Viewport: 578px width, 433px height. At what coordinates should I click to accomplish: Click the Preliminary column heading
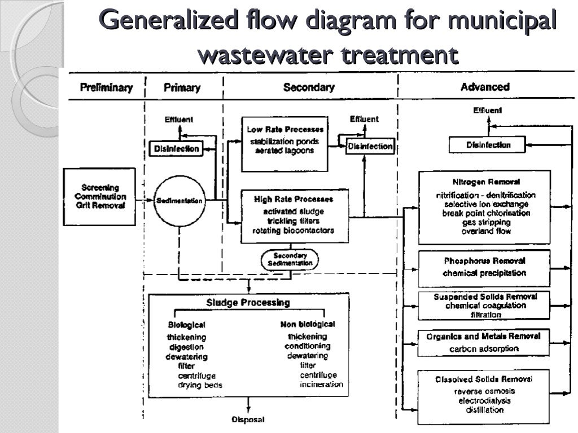pos(106,87)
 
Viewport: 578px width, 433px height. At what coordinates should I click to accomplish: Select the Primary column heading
pos(182,87)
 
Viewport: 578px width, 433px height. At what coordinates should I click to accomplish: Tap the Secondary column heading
pos(308,87)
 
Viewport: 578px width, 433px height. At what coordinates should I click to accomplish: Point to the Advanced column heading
pos(484,87)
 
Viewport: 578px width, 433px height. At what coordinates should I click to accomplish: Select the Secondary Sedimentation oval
pos(290,259)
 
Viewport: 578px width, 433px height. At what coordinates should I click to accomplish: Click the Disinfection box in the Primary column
pos(176,148)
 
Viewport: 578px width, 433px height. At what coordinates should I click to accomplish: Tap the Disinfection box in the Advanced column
pos(488,145)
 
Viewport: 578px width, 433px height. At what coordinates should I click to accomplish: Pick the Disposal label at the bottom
pos(248,419)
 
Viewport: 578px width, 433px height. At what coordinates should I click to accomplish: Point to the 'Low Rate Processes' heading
pos(285,130)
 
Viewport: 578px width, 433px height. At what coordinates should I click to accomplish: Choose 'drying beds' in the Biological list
pos(200,385)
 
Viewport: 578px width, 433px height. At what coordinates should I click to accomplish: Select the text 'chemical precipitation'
pos(484,273)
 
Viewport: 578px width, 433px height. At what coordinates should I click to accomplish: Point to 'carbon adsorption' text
pos(484,348)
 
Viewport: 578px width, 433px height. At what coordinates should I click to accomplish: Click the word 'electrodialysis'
pos(484,400)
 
